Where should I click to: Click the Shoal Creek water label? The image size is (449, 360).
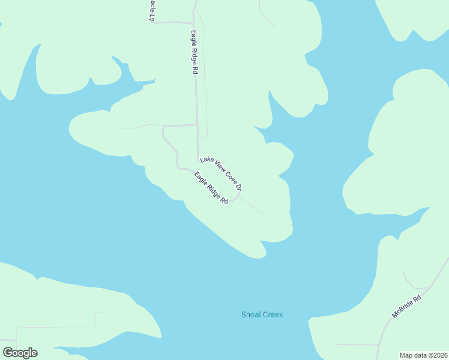[262, 314]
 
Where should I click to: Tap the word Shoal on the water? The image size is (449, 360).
[251, 314]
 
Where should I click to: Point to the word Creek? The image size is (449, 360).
[272, 314]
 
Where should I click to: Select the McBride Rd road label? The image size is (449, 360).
[406, 306]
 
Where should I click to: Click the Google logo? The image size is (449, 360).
[20, 353]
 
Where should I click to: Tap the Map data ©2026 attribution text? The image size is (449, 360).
[423, 355]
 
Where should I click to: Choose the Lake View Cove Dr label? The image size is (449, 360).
[221, 173]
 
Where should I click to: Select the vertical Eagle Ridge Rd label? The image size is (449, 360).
[194, 52]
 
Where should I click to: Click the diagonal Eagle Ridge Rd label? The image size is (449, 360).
[211, 188]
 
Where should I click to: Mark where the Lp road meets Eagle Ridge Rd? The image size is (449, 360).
[194, 23]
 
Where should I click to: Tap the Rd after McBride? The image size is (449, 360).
[417, 297]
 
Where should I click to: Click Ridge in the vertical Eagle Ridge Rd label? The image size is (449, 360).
[194, 53]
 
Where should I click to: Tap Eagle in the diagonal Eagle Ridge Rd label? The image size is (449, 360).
[200, 178]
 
